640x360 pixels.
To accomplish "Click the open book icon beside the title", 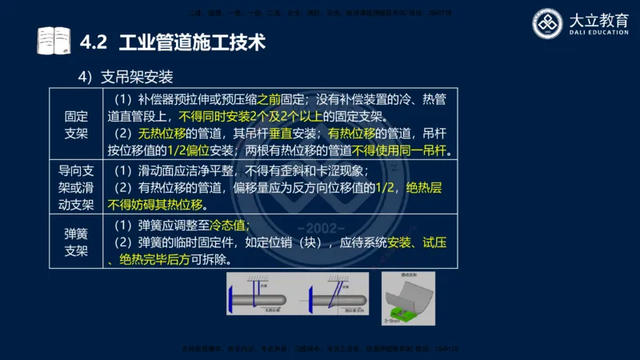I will (54, 41).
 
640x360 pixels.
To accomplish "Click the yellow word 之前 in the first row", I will (270, 99).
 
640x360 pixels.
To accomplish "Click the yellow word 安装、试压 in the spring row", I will (416, 242).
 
